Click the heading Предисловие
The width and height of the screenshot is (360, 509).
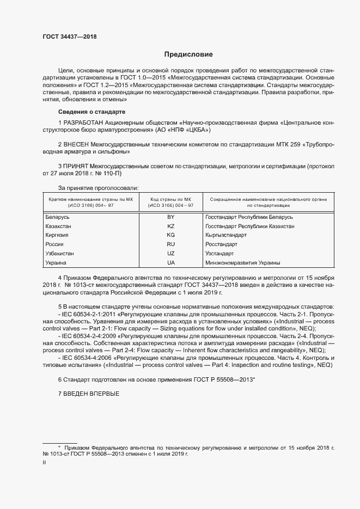tap(189, 54)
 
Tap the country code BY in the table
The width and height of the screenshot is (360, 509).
tap(170, 217)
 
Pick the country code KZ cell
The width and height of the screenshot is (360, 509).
tap(170, 226)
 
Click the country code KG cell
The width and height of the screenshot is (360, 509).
tap(170, 235)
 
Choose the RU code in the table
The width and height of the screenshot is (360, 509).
tap(170, 244)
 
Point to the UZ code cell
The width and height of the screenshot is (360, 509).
tap(170, 254)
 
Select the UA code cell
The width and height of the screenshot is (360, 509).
tap(170, 263)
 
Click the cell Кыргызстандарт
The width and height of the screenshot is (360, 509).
tap(226, 235)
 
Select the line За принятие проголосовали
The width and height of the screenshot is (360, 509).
tap(91, 188)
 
